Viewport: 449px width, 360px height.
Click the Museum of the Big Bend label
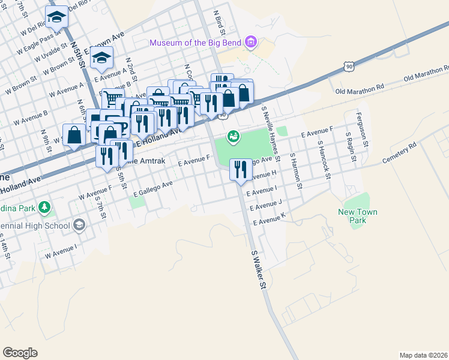pyautogui.click(x=196, y=43)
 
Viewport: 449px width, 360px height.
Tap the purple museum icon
pyautogui.click(x=251, y=43)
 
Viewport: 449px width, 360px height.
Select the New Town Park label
pyautogui.click(x=358, y=216)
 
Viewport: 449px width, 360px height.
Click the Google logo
pyautogui.click(x=20, y=353)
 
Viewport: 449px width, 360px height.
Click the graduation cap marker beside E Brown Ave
pyautogui.click(x=102, y=59)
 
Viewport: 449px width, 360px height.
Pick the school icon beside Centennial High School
pyautogui.click(x=79, y=225)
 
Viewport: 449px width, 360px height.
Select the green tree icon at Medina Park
pyautogui.click(x=44, y=208)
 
